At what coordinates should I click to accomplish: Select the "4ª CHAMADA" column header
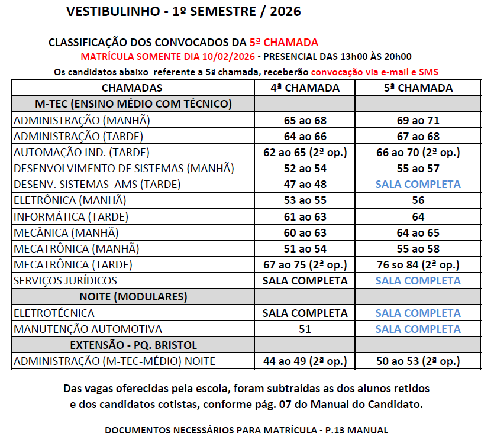click(x=305, y=88)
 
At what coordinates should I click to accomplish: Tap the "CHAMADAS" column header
click(x=132, y=88)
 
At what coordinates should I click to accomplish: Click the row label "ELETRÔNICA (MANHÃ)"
click(x=71, y=200)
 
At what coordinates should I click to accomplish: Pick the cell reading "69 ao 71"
click(x=418, y=121)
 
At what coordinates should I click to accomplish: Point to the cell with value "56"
click(x=418, y=200)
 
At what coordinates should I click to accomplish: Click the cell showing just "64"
click(x=418, y=216)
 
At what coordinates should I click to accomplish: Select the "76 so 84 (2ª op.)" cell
click(x=418, y=264)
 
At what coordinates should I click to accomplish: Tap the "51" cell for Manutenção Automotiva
click(x=305, y=329)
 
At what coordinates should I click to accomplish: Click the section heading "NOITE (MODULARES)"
click(x=133, y=296)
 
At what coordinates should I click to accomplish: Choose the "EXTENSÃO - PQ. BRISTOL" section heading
click(x=133, y=345)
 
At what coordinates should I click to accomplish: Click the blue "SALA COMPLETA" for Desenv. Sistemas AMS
click(x=418, y=185)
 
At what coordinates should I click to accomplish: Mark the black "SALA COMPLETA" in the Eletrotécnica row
click(x=305, y=313)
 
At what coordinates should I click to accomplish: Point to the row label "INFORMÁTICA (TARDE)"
click(x=70, y=216)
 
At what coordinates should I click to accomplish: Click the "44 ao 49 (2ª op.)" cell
click(x=305, y=361)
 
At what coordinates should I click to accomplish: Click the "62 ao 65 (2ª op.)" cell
click(x=305, y=153)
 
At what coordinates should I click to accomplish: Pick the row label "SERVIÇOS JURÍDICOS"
click(x=65, y=280)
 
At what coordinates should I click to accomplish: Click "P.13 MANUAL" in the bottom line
click(x=355, y=430)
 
